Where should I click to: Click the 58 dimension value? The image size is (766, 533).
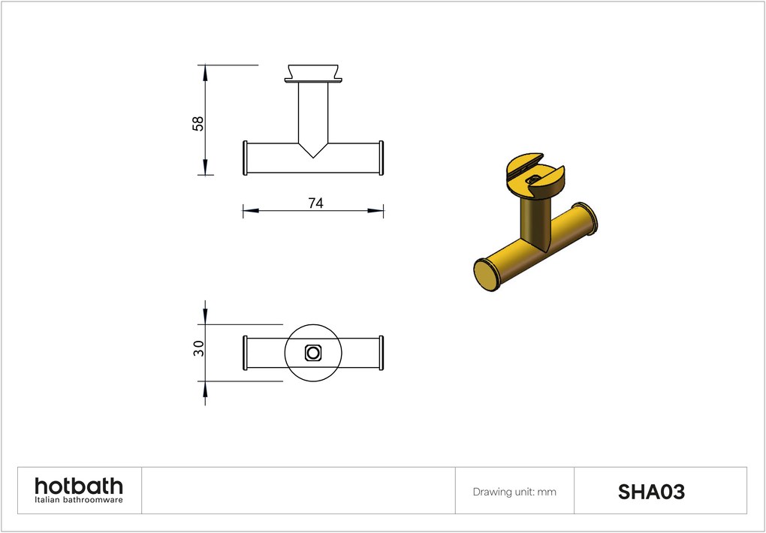198,124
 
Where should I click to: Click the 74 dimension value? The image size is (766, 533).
315,203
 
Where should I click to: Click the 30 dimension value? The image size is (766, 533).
198,348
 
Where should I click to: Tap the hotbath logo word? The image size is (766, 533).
79,486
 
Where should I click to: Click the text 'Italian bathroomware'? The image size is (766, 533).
79,500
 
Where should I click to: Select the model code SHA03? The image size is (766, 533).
651,492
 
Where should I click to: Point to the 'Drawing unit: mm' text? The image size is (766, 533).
514,492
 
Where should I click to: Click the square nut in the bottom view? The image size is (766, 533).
312,353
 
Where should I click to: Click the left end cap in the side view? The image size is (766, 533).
246,158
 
